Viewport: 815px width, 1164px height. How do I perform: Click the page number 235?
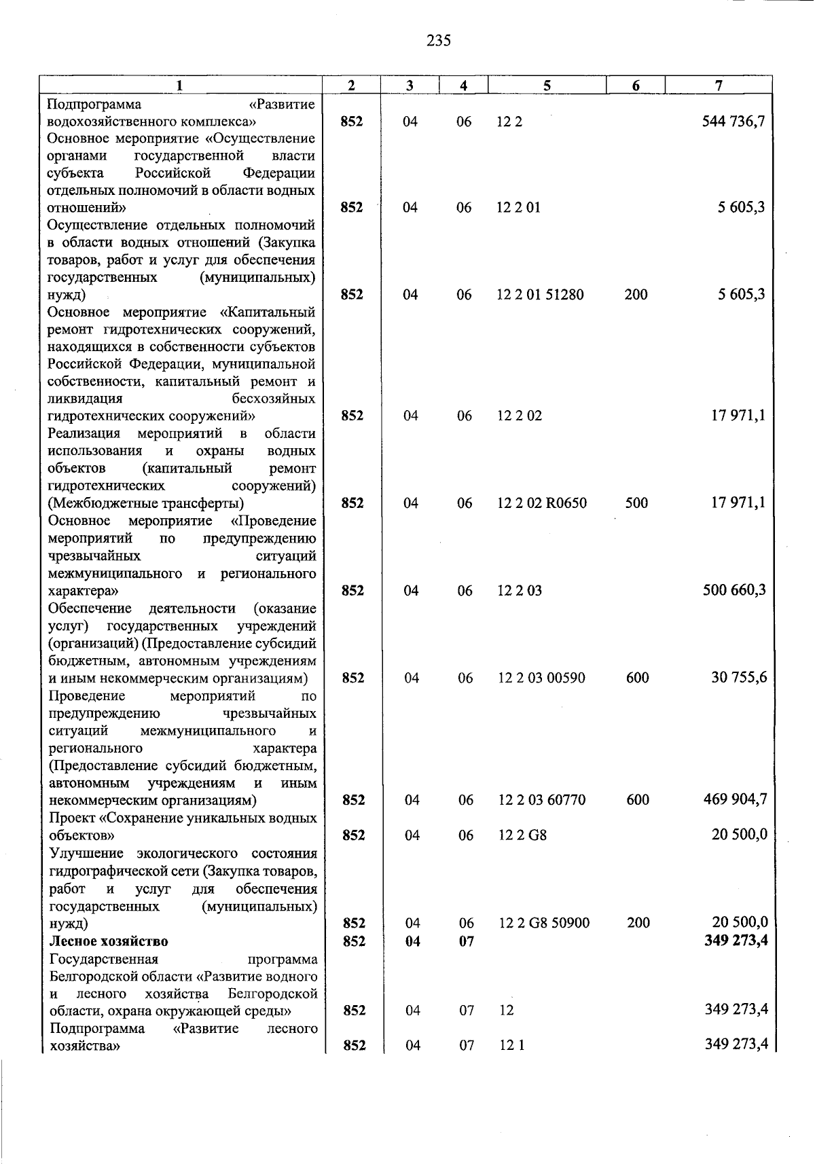coord(439,41)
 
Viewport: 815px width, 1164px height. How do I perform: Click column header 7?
coord(719,85)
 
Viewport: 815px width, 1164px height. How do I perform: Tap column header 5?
coord(547,85)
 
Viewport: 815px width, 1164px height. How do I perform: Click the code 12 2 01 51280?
coord(540,295)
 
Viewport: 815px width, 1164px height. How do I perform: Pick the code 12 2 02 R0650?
coord(542,503)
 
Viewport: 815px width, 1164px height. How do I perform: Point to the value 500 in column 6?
coord(636,503)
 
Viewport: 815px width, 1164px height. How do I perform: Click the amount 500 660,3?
coord(734,590)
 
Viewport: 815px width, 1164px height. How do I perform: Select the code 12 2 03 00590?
coord(541,678)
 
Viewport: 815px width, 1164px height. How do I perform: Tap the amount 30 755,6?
coord(739,677)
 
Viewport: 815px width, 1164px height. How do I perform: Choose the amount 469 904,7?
coord(735,799)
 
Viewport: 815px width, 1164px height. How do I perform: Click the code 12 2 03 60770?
coord(542,800)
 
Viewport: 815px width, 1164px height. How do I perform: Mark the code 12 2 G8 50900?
coord(544,923)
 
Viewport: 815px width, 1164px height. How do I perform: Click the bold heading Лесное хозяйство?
coord(109,941)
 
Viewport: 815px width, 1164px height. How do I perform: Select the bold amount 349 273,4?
coord(736,941)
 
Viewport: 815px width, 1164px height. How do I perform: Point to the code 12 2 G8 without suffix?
coord(522,835)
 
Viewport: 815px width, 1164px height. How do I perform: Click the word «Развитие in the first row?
coord(282,104)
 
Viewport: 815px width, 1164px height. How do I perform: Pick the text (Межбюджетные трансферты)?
coord(146,503)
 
